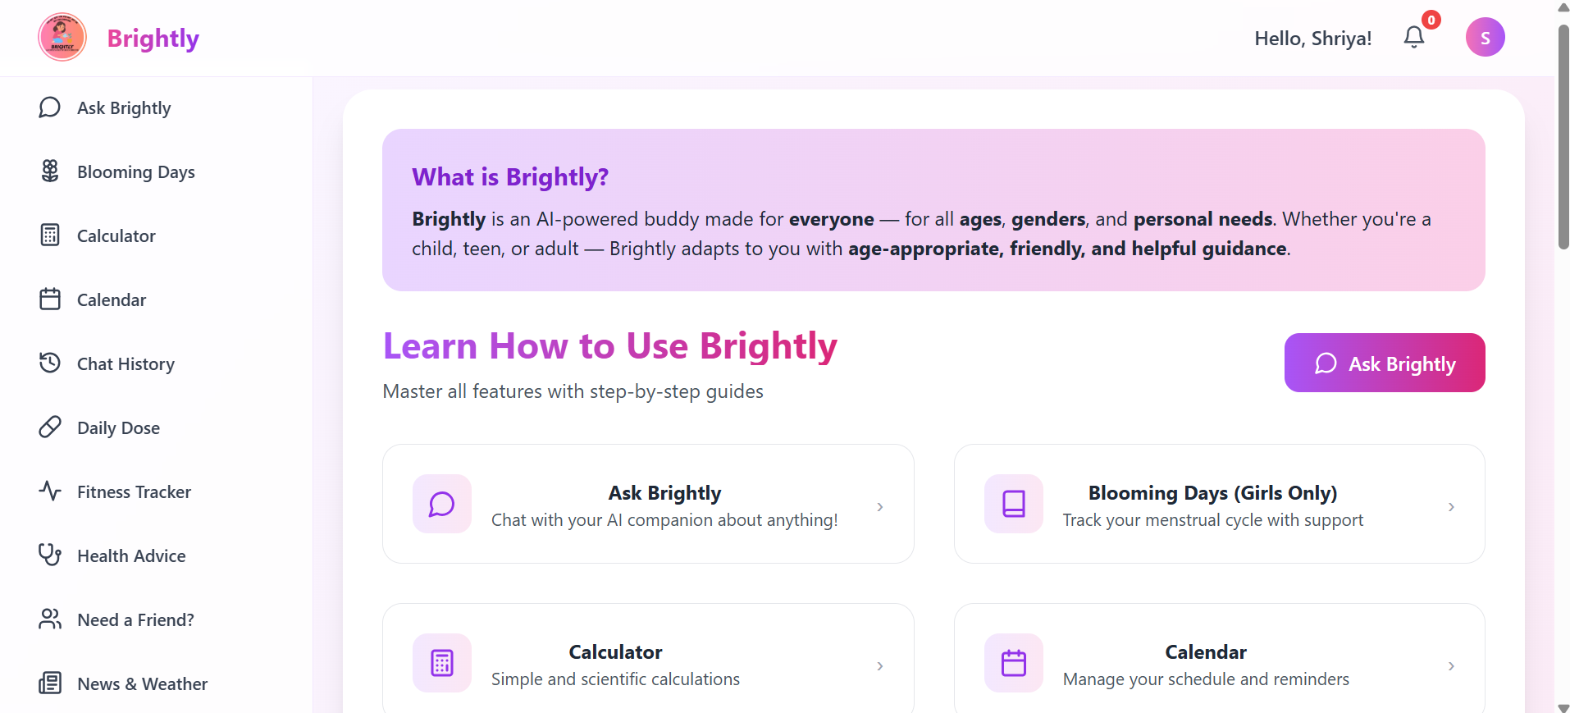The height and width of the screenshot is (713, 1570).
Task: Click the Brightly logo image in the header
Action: click(62, 37)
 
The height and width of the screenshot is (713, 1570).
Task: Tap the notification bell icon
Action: click(1413, 37)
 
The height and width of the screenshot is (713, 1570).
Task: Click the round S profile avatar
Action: click(1485, 38)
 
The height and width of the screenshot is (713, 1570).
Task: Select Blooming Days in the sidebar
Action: click(135, 172)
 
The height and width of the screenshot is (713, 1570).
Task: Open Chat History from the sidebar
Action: click(126, 364)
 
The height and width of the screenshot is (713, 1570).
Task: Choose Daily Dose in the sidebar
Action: click(118, 428)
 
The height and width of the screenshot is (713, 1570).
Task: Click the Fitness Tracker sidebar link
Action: click(134, 492)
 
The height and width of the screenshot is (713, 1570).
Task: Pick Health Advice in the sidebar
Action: click(131, 556)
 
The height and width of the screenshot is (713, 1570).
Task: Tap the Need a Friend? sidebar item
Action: click(135, 620)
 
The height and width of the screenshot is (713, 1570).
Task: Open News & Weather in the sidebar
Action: click(142, 684)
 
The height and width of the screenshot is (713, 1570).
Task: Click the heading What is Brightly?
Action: click(510, 177)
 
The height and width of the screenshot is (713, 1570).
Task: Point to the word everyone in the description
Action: click(831, 219)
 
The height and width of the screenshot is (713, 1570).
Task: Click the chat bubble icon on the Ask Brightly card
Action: click(442, 504)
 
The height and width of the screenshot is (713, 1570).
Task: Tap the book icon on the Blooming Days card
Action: click(1014, 504)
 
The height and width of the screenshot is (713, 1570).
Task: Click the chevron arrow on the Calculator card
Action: click(879, 666)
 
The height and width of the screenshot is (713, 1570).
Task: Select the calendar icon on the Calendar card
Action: click(1014, 663)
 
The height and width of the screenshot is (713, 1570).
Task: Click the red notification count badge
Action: click(1431, 21)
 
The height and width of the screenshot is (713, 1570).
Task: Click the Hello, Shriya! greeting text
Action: click(1312, 39)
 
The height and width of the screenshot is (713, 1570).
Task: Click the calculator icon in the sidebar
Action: click(50, 235)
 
